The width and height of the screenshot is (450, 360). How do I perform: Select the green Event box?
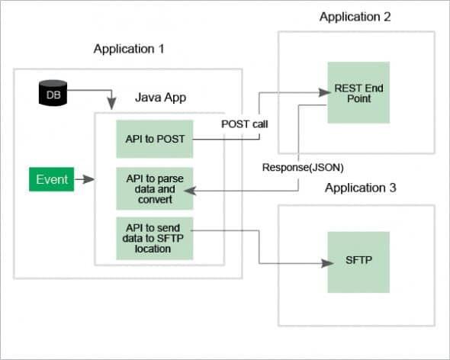point(52,180)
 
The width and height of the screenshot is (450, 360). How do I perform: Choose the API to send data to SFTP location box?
point(154,236)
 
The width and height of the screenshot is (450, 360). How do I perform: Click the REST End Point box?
point(358,92)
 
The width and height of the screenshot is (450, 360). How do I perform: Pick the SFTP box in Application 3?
point(358,262)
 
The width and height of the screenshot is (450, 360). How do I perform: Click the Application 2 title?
point(355,16)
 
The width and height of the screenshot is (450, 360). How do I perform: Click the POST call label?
point(245,124)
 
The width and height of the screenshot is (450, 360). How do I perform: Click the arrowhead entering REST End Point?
point(323,92)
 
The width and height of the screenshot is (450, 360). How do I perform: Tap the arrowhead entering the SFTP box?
point(323,263)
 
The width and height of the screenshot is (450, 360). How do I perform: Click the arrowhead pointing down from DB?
point(113,104)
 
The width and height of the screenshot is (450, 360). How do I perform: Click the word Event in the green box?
point(52,180)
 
